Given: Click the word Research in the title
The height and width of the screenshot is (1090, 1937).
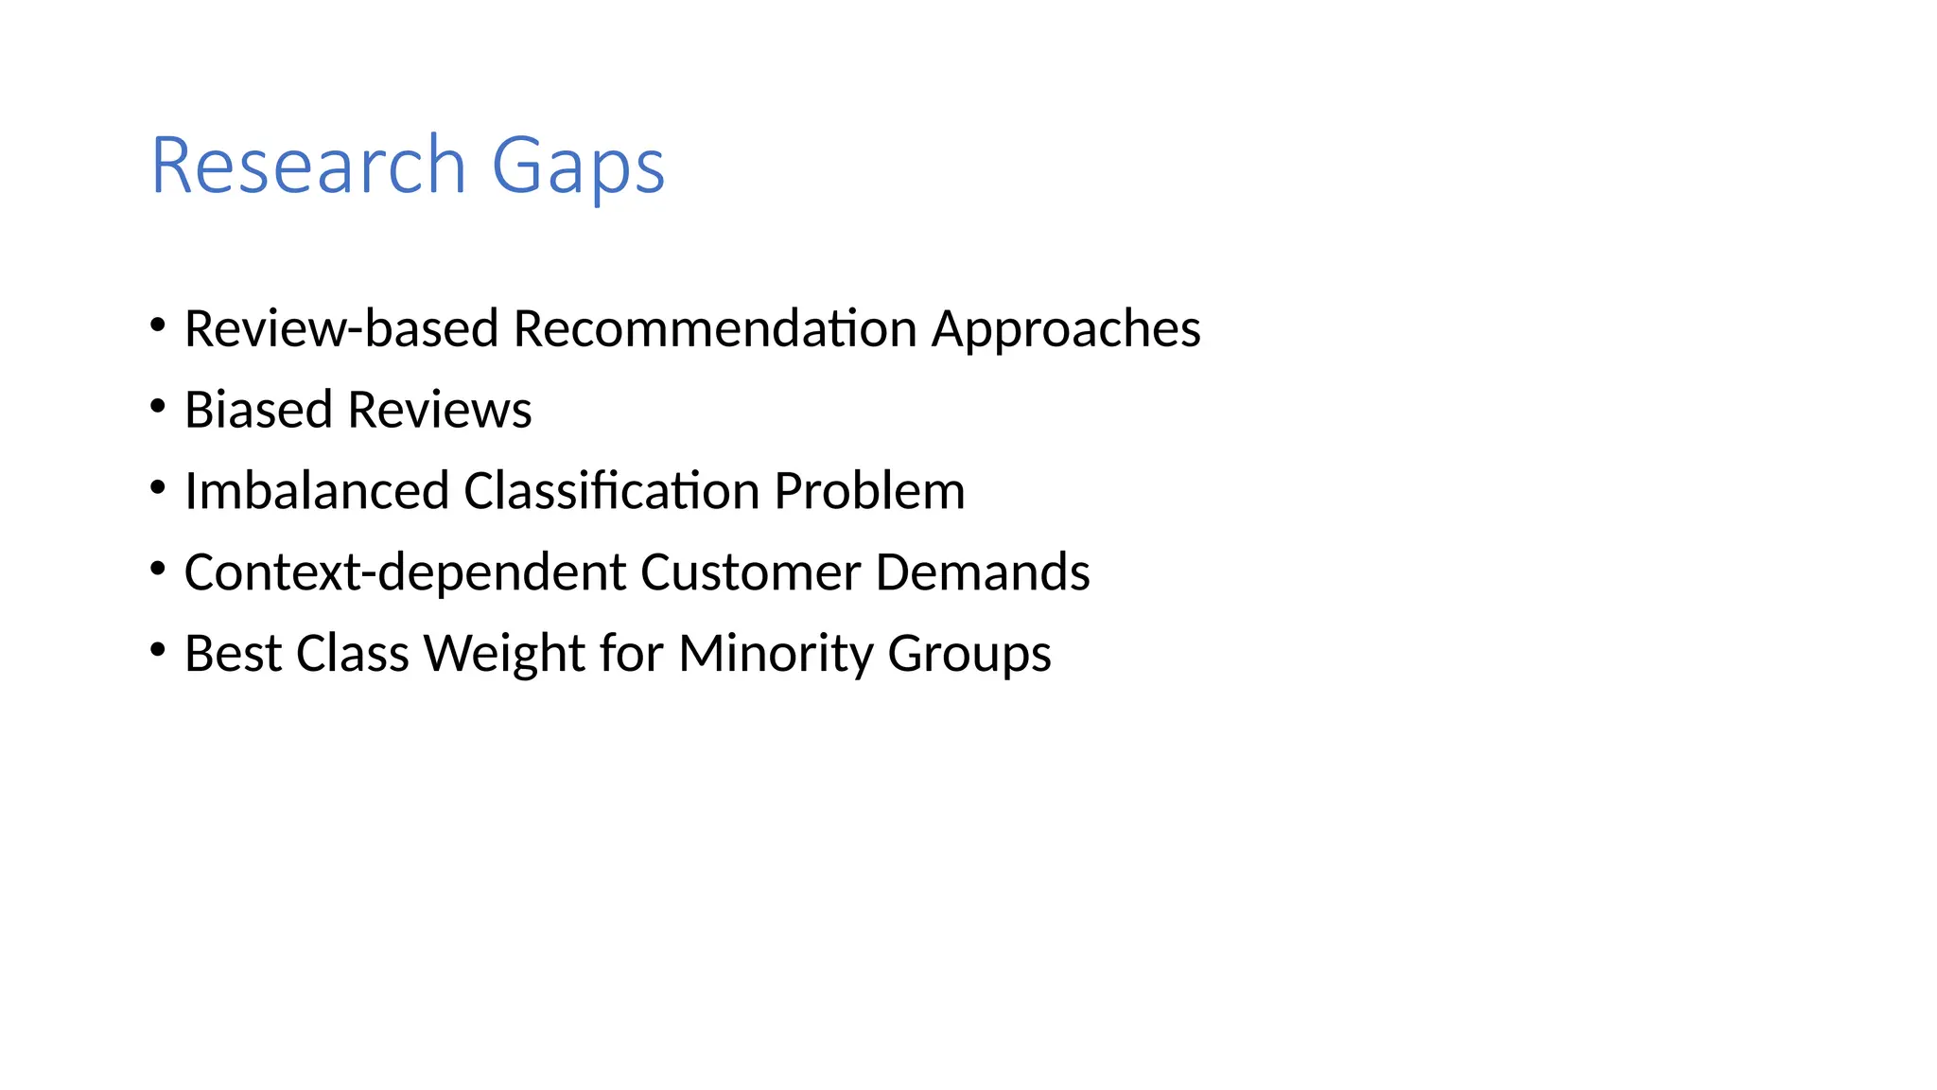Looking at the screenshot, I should click(x=308, y=166).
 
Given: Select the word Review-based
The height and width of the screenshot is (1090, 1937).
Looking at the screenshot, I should click(x=340, y=329).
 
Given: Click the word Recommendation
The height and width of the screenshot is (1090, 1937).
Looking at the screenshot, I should click(x=715, y=329).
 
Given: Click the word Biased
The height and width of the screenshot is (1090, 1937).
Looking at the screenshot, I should click(x=258, y=410).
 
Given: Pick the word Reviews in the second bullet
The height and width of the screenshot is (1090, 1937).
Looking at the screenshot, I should click(x=440, y=410).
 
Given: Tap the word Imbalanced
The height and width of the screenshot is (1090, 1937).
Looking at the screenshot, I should click(x=316, y=491).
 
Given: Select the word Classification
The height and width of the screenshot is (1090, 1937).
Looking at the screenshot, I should click(x=612, y=491).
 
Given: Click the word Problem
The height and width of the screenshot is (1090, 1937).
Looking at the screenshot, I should click(x=869, y=491).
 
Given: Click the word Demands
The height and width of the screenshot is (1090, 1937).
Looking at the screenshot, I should click(x=983, y=572).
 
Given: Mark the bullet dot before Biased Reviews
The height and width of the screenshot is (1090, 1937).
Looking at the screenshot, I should click(x=158, y=407).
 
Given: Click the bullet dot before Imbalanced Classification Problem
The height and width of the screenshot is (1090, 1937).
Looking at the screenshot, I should click(x=158, y=488).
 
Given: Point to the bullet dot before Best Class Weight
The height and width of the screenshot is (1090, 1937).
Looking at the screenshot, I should click(x=158, y=650).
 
